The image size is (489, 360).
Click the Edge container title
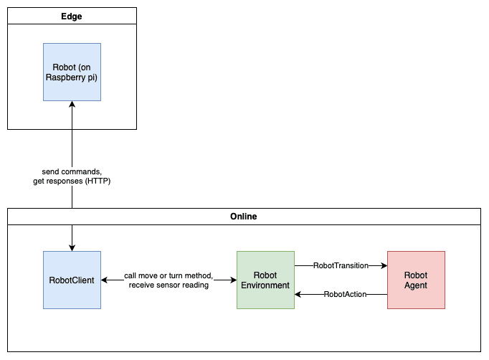(x=72, y=16)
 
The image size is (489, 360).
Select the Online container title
(x=244, y=217)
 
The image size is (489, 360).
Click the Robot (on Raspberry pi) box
(x=72, y=72)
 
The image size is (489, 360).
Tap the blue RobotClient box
(x=72, y=280)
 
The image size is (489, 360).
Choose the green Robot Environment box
(x=266, y=280)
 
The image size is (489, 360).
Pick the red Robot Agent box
(x=416, y=280)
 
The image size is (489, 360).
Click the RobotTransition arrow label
(x=341, y=265)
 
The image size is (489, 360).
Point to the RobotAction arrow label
(x=345, y=294)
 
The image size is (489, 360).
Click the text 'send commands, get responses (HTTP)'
(x=72, y=176)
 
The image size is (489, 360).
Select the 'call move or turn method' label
(x=168, y=276)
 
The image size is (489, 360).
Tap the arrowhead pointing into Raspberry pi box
(x=72, y=104)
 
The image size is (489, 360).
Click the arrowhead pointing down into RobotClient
(x=72, y=247)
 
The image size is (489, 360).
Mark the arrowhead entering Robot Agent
(x=384, y=265)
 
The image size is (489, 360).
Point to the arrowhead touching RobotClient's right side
(x=105, y=280)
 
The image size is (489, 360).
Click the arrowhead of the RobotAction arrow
(x=298, y=294)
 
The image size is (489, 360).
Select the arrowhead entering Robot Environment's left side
(x=233, y=280)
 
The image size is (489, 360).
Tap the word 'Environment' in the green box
(x=265, y=285)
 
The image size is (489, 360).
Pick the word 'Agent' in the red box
(x=416, y=285)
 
